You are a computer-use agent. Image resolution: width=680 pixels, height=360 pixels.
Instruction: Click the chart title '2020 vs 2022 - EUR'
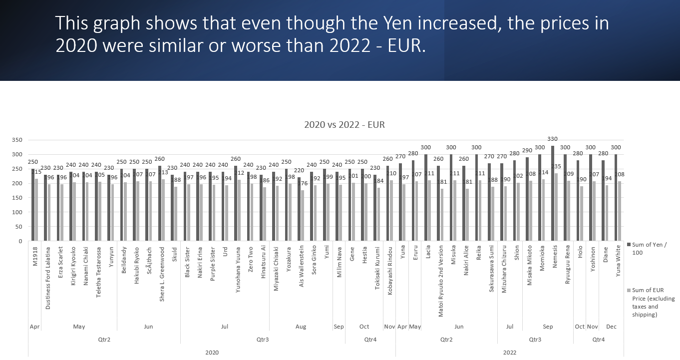pyautogui.click(x=344, y=124)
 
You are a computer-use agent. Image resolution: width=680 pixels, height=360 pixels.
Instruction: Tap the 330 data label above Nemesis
pyautogui.click(x=553, y=139)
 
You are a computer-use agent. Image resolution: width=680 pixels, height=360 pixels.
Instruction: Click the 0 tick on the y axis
pyautogui.click(x=20, y=241)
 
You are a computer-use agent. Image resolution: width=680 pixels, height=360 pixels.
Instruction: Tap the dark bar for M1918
pyautogui.click(x=33, y=205)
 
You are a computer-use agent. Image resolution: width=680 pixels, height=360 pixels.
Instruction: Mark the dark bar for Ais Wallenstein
pyautogui.click(x=299, y=209)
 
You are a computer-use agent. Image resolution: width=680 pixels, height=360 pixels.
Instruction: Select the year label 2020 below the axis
pyautogui.click(x=212, y=352)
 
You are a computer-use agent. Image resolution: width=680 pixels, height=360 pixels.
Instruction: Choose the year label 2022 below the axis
pyautogui.click(x=509, y=352)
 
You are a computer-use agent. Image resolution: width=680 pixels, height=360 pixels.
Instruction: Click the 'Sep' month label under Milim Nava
pyautogui.click(x=339, y=327)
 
